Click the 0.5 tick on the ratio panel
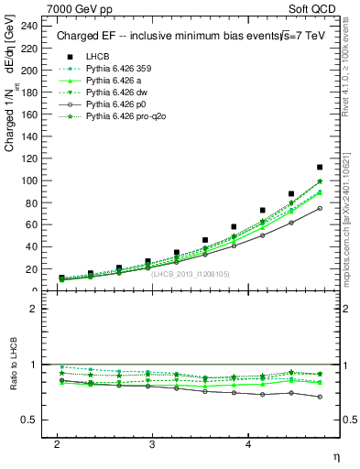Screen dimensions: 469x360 tap(31, 420)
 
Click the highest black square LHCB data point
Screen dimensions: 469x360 tap(320, 168)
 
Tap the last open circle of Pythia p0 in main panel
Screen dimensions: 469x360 tap(320, 208)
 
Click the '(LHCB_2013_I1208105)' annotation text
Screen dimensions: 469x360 tap(190, 272)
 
